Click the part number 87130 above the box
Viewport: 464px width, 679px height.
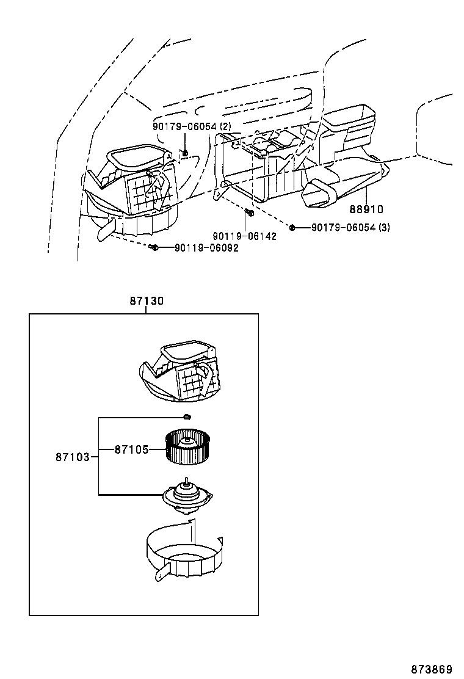(x=147, y=301)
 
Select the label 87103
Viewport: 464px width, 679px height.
(x=73, y=456)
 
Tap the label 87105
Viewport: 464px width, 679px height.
(x=131, y=449)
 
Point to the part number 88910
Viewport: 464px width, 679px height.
(x=366, y=209)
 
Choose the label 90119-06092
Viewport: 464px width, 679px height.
(x=206, y=248)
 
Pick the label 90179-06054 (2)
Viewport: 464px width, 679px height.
(x=192, y=126)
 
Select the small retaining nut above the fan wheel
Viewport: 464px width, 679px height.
(x=187, y=417)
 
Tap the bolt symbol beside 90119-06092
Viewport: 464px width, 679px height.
(x=154, y=247)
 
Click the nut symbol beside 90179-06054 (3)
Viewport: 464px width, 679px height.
(x=292, y=227)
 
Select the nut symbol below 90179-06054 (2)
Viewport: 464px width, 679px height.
(x=185, y=151)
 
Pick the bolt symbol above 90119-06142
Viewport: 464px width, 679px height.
(x=249, y=212)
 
